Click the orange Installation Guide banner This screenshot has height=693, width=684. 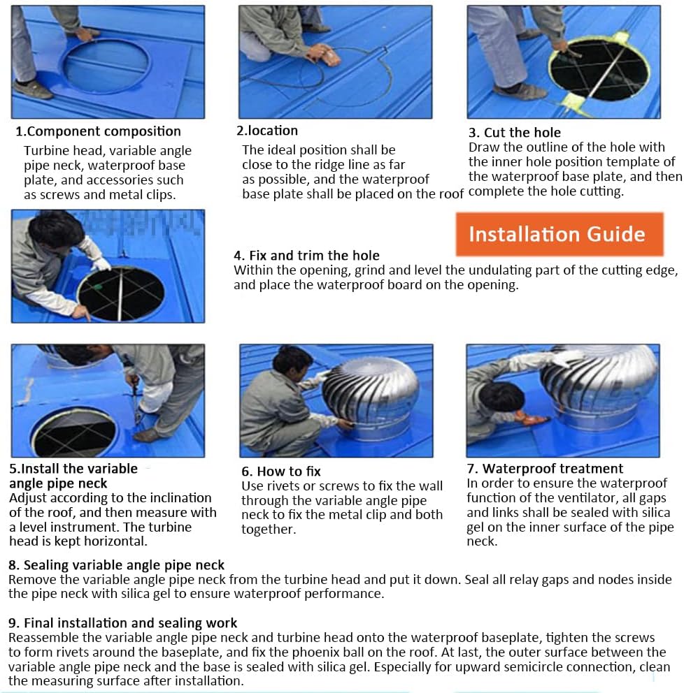tap(560, 234)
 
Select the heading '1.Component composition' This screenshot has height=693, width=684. tap(98, 131)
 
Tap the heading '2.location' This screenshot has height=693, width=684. tap(266, 131)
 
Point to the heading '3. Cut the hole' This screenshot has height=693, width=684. tap(515, 132)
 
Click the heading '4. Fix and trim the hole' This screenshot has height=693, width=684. tap(306, 255)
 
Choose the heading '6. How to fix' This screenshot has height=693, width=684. tap(281, 471)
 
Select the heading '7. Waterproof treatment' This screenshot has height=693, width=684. tap(545, 468)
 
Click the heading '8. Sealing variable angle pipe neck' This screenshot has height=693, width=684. tap(116, 565)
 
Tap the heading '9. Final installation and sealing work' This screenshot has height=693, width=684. tap(122, 622)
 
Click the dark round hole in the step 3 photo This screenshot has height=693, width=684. tap(600, 69)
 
